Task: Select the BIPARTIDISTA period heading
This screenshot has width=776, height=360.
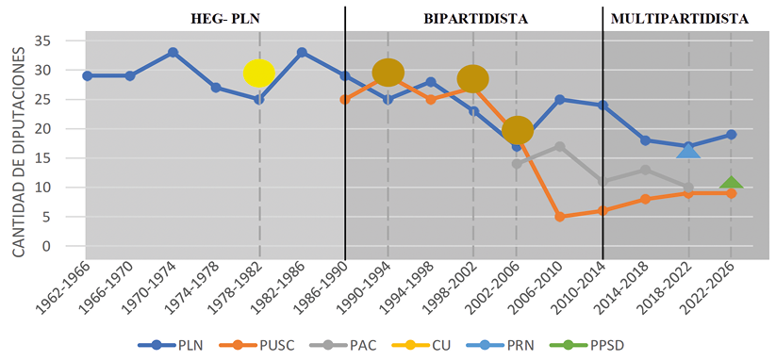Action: pos(475,18)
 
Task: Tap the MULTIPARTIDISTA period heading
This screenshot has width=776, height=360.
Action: pos(679,18)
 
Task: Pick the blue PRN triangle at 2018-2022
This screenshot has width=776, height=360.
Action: pos(688,150)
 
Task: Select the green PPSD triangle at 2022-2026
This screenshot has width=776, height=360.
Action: pos(732,182)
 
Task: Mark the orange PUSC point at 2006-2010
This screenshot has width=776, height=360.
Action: pos(559,217)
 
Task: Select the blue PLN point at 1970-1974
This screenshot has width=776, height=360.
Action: pos(173,53)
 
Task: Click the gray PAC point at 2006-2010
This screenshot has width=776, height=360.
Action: pos(559,146)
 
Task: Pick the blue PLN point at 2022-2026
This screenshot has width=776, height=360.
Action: pos(732,135)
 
